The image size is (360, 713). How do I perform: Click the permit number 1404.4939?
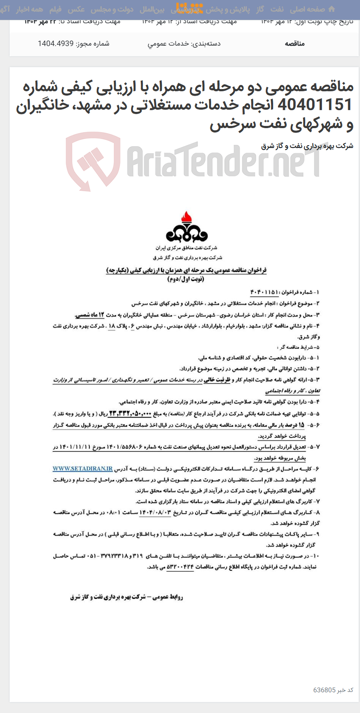coord(56,43)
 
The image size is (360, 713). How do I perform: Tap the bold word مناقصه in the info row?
coord(294,43)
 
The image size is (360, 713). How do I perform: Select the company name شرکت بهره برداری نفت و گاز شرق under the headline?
coord(307,146)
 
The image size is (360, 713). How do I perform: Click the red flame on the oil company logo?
coord(186,217)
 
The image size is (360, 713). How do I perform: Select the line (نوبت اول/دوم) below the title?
coord(186,279)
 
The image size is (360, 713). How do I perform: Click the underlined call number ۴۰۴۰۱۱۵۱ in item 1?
coord(264,292)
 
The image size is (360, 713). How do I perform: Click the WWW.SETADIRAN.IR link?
coord(82,469)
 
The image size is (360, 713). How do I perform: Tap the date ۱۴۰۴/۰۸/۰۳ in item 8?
coord(155,512)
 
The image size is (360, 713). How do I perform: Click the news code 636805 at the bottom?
coord(324,690)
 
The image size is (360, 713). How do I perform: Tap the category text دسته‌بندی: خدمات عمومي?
coord(184,43)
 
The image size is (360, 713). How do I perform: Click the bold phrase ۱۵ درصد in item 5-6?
coord(298,425)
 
